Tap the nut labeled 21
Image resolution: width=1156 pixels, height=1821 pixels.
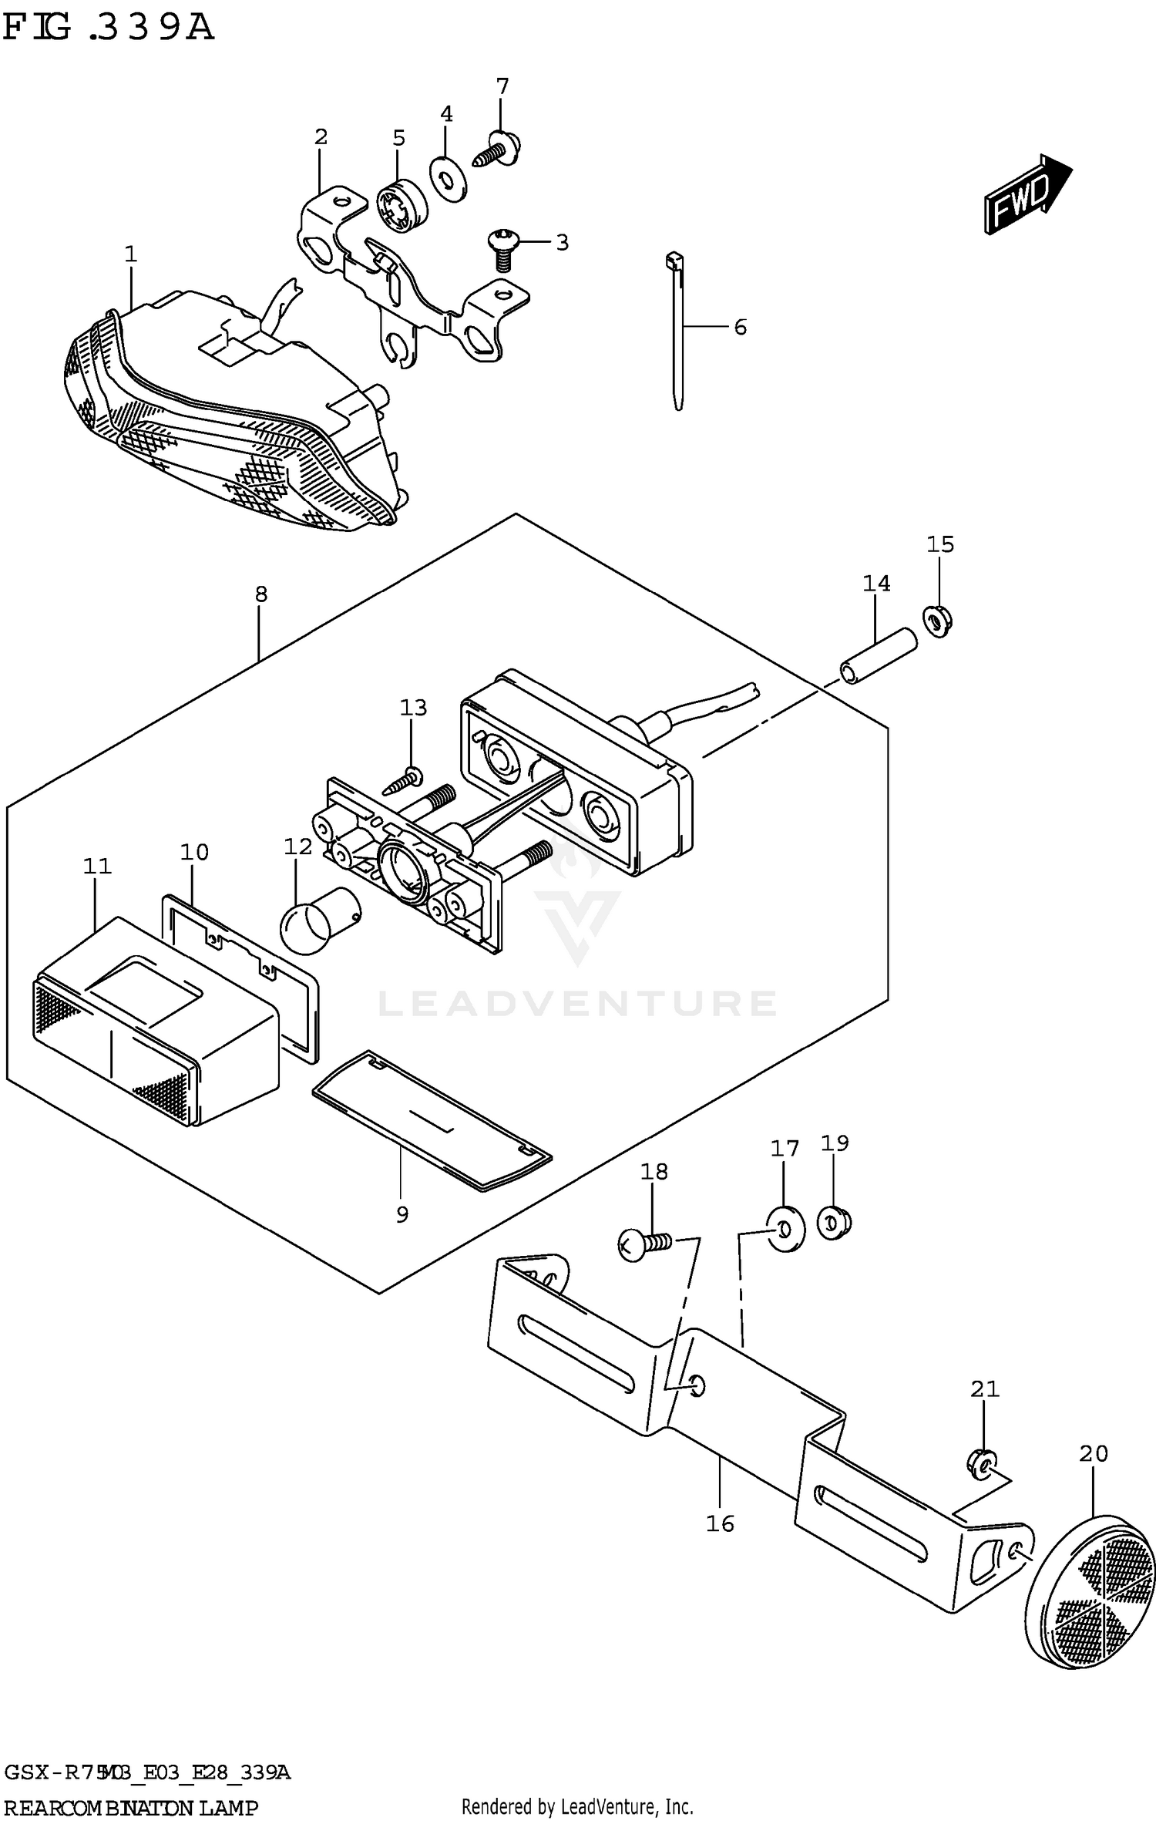pyautogui.click(x=981, y=1463)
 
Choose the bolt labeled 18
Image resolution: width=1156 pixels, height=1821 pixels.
pyautogui.click(x=644, y=1244)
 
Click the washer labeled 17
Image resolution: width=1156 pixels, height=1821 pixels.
pyautogui.click(x=785, y=1227)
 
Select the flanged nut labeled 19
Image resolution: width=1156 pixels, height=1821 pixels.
pyautogui.click(x=833, y=1223)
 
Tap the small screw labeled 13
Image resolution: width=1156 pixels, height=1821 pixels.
pyautogui.click(x=403, y=779)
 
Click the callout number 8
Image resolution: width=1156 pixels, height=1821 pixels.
pyautogui.click(x=261, y=594)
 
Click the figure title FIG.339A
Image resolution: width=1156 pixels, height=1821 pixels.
pyautogui.click(x=108, y=28)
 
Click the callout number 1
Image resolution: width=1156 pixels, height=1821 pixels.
pyautogui.click(x=130, y=254)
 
